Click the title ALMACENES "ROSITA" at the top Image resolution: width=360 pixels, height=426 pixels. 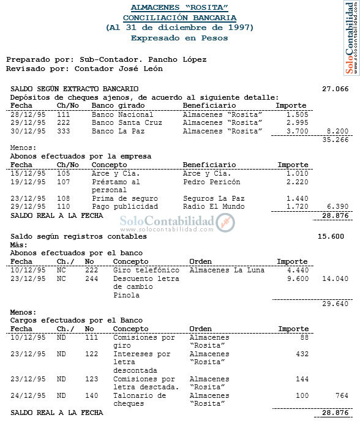point(179,8)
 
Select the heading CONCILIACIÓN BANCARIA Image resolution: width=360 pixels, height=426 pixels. point(179,18)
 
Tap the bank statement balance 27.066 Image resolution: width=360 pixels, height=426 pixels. point(335,89)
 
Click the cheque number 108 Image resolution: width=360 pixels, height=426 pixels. point(64,199)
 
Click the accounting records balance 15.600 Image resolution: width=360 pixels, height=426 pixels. point(331,236)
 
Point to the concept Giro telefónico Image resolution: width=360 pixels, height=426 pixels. point(146,270)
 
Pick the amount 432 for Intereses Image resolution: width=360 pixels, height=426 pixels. point(302,354)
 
